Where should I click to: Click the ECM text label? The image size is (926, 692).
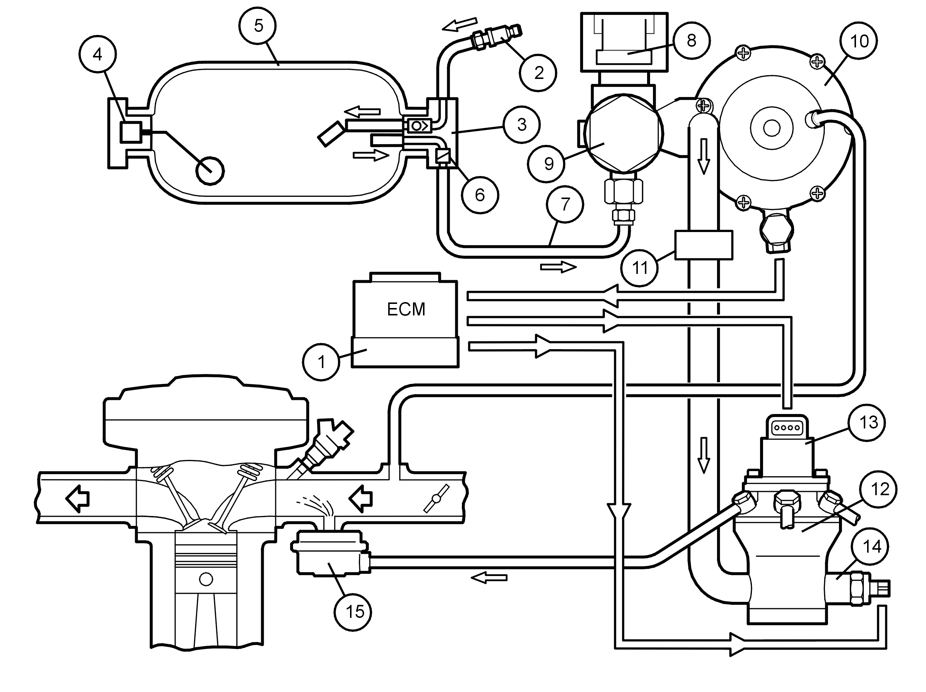(x=406, y=309)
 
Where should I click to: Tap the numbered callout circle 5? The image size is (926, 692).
(x=258, y=26)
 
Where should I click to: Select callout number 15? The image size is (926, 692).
(x=354, y=612)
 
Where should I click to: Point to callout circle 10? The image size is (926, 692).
(x=859, y=41)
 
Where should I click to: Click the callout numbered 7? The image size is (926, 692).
(x=565, y=205)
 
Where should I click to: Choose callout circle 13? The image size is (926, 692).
(x=868, y=422)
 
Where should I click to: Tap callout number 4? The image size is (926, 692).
(x=97, y=54)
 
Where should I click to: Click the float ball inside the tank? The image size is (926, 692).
(x=210, y=171)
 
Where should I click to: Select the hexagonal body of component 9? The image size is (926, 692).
(x=623, y=133)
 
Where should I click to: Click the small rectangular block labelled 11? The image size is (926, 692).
(x=704, y=245)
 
